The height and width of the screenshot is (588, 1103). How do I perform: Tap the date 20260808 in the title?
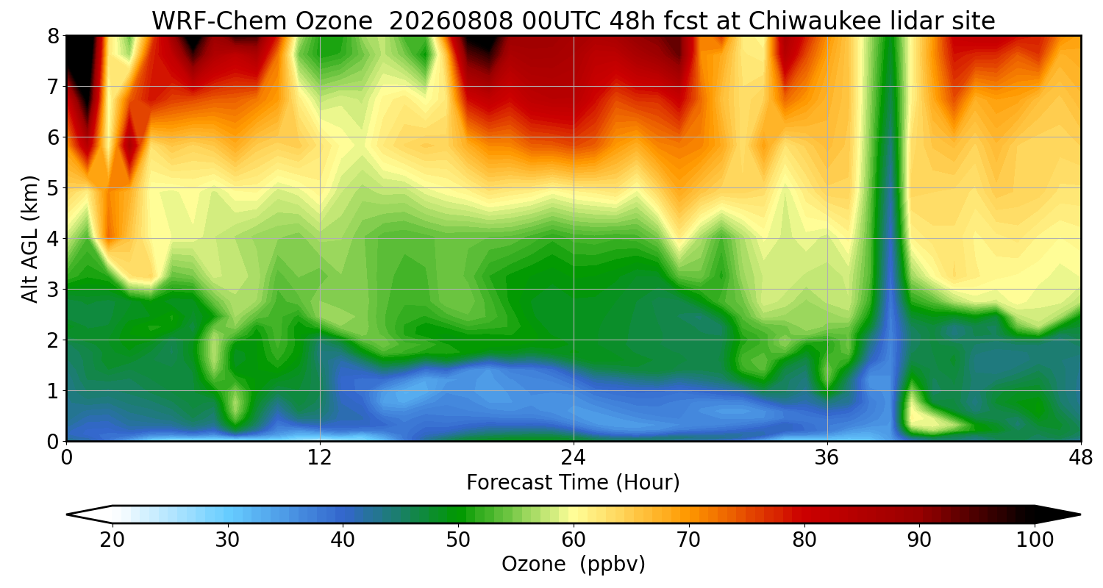451,21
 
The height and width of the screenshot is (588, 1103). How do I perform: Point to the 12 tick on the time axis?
320,458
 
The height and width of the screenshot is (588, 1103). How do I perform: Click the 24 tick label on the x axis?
574,458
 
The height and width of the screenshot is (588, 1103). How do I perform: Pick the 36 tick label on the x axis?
827,458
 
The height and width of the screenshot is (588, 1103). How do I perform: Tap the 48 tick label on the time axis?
1081,458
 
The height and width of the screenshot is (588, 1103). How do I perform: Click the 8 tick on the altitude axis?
53,36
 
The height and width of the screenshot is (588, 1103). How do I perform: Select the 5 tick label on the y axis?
53,188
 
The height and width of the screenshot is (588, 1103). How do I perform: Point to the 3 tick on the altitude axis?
53,290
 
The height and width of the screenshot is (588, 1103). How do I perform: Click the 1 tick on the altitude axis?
53,391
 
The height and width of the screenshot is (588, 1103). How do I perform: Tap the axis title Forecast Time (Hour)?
573,483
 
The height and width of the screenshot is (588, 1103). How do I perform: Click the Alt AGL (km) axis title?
29,239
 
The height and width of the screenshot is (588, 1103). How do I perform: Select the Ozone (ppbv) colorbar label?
573,564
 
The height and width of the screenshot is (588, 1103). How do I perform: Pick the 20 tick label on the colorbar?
112,539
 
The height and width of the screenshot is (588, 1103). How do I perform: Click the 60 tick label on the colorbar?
573,539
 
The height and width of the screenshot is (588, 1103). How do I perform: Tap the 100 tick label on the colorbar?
1035,539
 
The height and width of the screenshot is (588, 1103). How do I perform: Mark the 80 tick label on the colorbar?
804,539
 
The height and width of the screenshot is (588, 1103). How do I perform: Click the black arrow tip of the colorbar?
1080,514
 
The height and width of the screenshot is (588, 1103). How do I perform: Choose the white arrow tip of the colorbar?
68,514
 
